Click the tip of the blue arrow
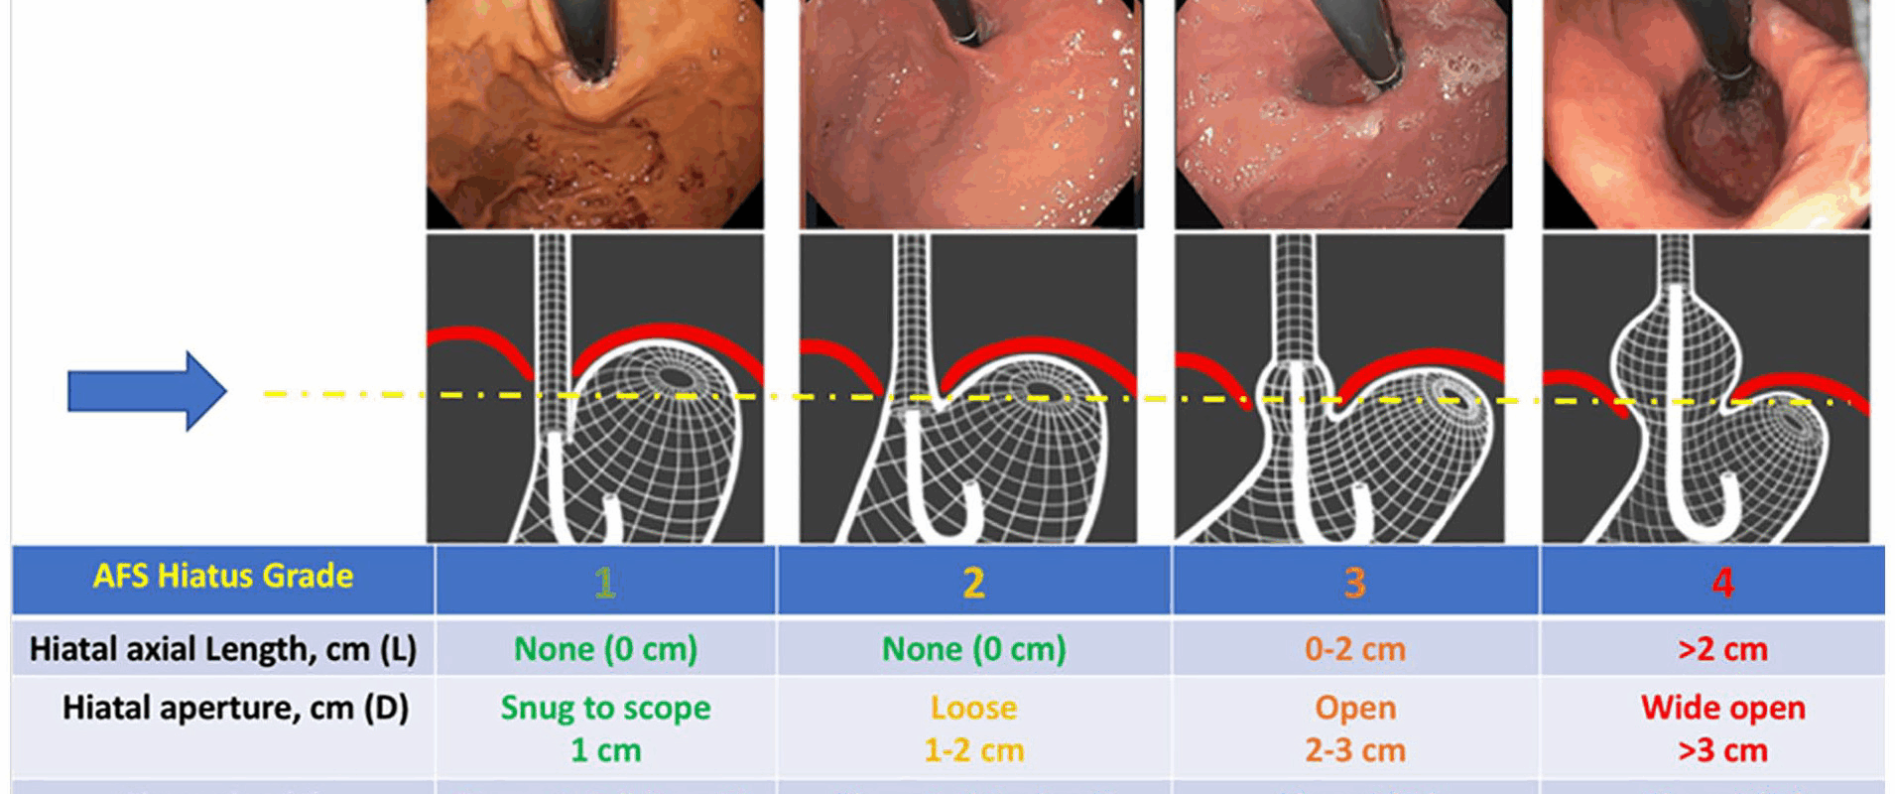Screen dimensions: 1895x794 click(x=227, y=391)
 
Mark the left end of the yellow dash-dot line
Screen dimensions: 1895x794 click(x=263, y=394)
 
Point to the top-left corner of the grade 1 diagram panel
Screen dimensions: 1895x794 click(x=427, y=234)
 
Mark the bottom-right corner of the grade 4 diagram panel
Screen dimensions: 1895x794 click(x=1869, y=543)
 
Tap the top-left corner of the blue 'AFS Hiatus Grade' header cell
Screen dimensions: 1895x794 click(x=12, y=547)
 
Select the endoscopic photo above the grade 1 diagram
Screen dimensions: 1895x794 click(x=595, y=114)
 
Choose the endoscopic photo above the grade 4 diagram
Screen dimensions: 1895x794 click(x=1706, y=114)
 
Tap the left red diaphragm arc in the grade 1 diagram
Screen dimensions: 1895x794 click(x=481, y=351)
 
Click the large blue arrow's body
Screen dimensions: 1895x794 click(x=127, y=391)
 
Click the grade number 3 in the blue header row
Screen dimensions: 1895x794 click(x=1354, y=583)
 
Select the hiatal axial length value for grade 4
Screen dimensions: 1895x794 click(x=1722, y=649)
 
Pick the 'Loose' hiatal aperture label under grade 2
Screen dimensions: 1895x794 click(x=973, y=708)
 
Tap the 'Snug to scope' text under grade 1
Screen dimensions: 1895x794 click(x=605, y=709)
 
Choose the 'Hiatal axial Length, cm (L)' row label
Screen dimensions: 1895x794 click(x=223, y=649)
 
